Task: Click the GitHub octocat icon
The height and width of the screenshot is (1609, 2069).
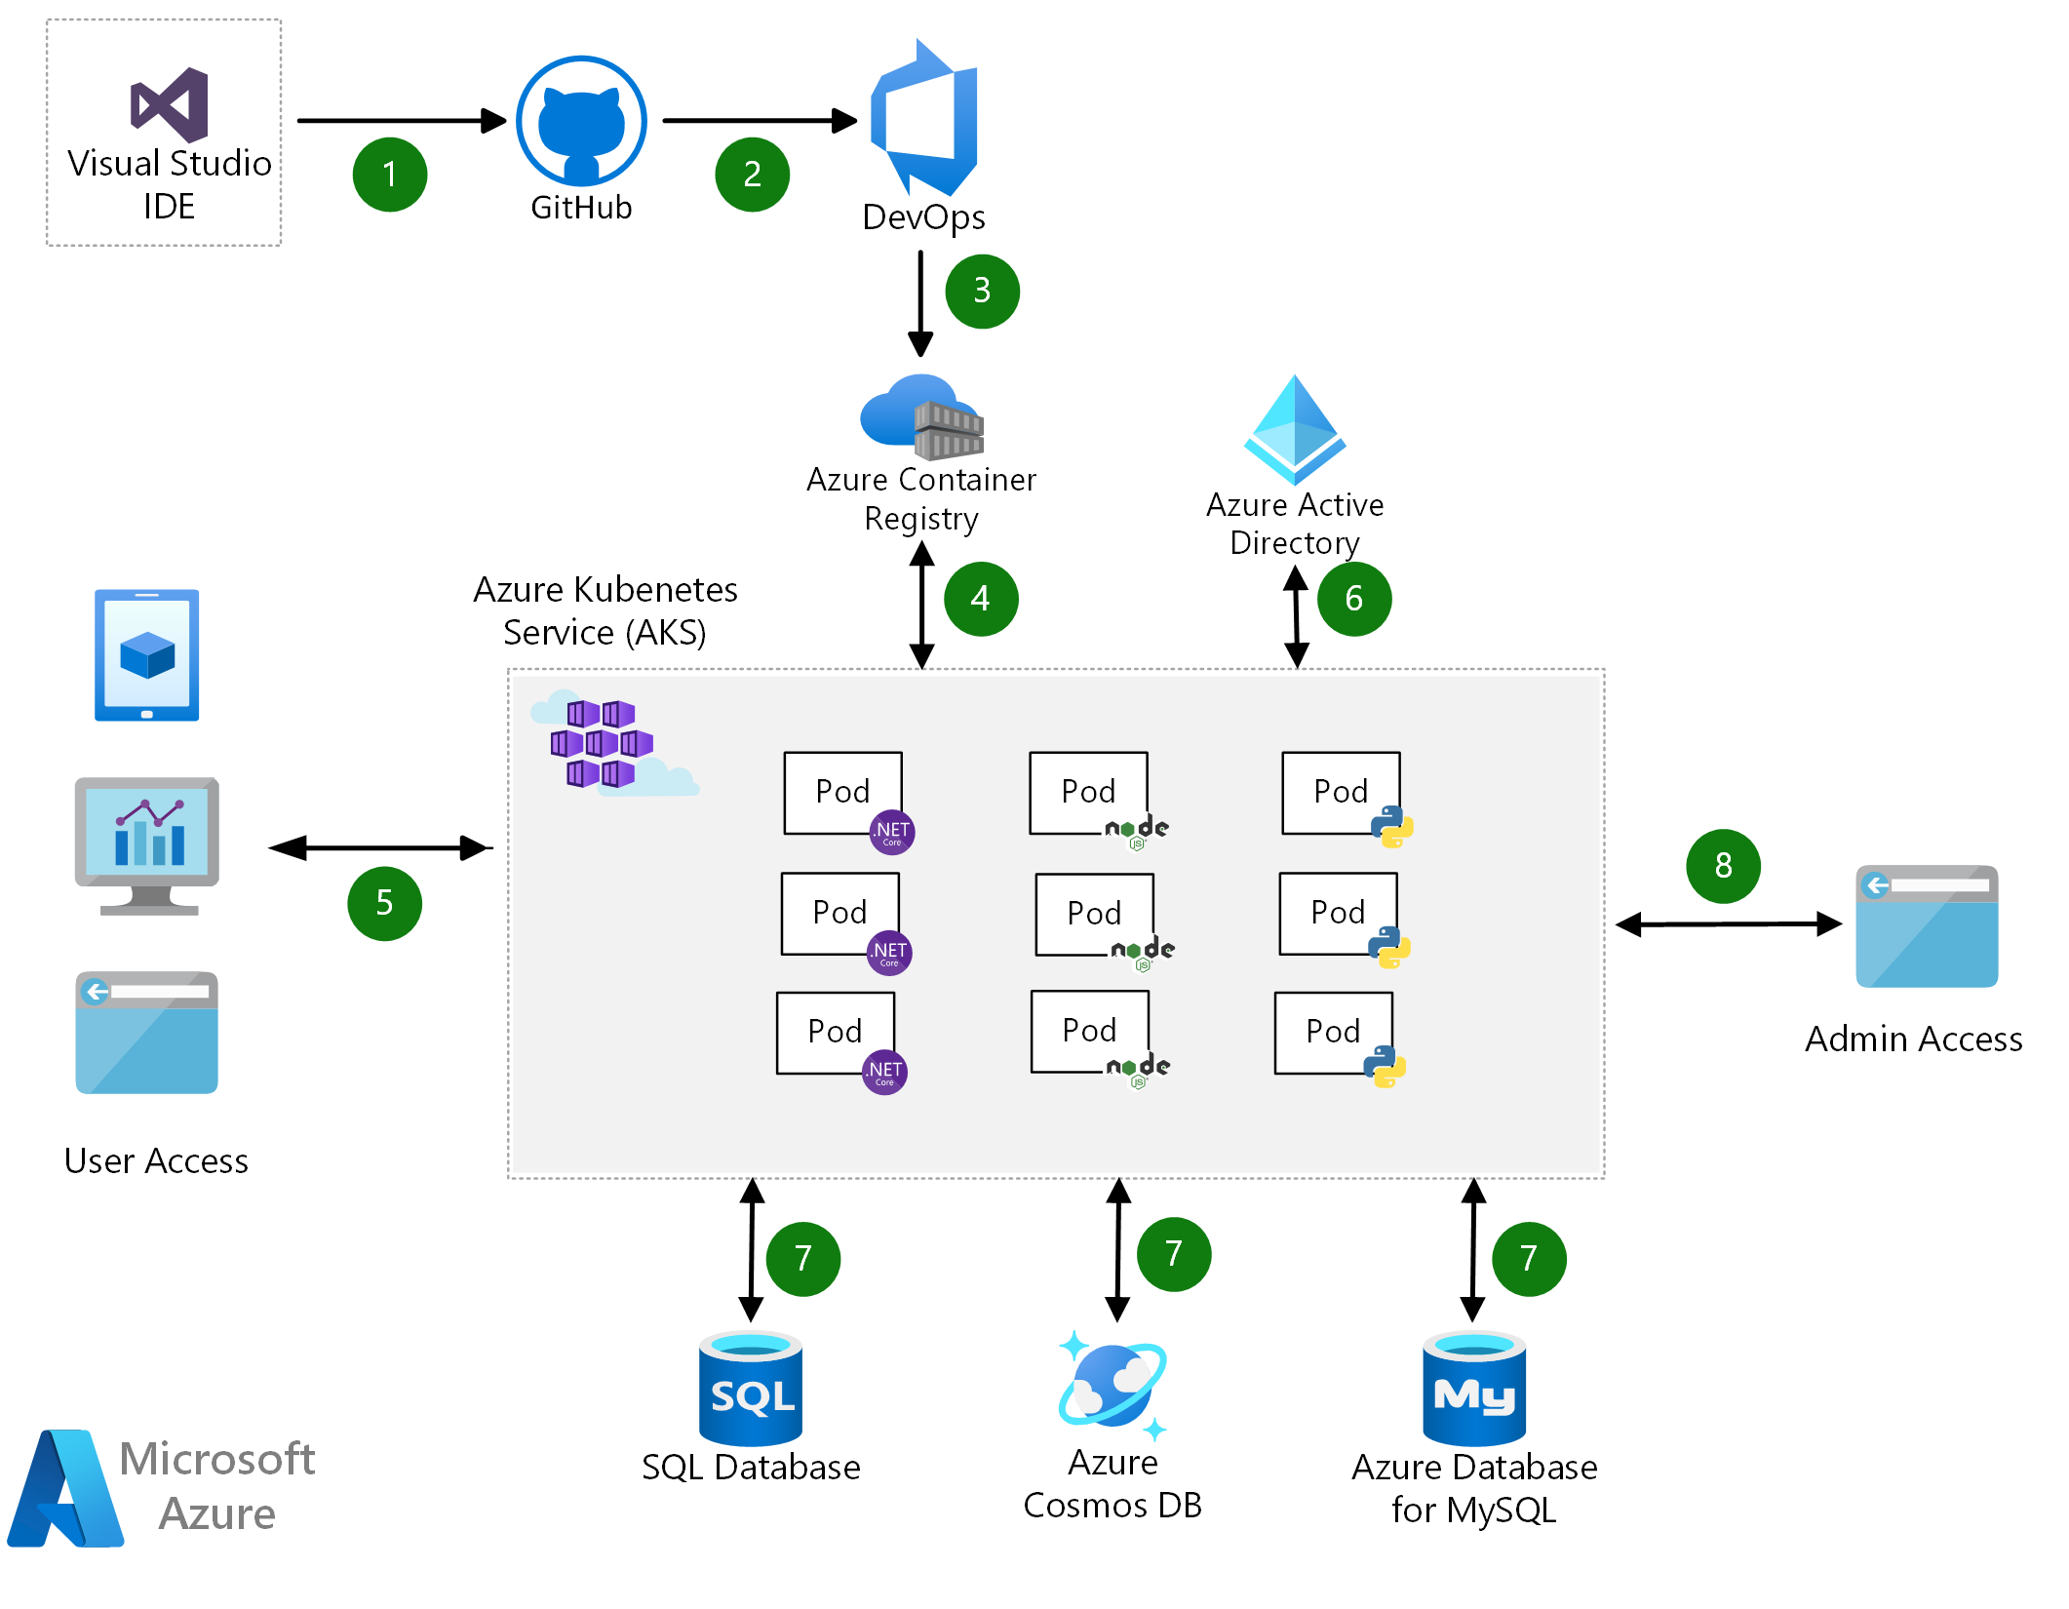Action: (581, 121)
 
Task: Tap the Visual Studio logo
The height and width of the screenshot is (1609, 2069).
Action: (170, 104)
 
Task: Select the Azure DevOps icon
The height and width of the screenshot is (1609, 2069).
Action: (924, 118)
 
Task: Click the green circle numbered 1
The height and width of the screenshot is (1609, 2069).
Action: (390, 175)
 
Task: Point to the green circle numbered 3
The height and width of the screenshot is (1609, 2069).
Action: (982, 291)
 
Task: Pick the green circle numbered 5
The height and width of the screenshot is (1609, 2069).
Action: (385, 903)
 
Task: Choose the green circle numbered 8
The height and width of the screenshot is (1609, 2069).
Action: (1723, 866)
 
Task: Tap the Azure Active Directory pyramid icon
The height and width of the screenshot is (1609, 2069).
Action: (1295, 429)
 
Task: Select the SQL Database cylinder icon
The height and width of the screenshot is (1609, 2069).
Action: (751, 1389)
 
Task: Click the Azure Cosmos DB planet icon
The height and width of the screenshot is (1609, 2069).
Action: (1113, 1385)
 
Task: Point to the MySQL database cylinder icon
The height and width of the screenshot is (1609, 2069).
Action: (1474, 1389)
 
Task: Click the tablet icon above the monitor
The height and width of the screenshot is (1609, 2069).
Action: (147, 655)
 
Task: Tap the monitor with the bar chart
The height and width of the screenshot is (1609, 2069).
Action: (147, 844)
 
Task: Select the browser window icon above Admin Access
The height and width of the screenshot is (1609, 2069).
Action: (1927, 926)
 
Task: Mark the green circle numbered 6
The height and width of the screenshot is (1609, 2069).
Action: (1354, 599)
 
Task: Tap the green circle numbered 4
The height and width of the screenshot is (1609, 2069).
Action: (981, 599)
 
